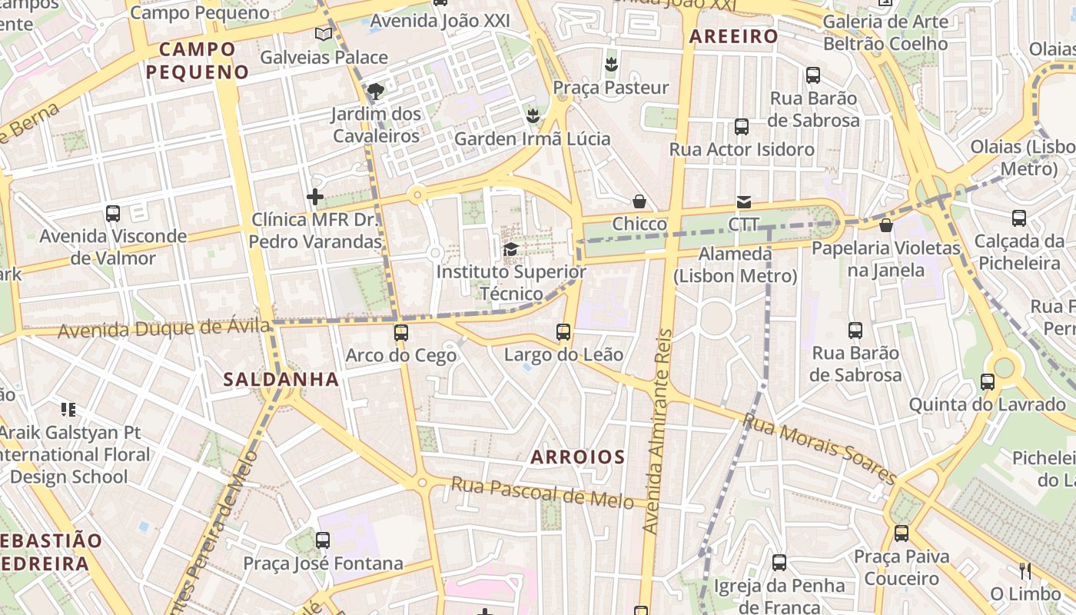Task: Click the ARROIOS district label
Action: pos(578,457)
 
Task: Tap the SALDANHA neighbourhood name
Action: pos(281,379)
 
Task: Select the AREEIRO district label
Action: pos(733,36)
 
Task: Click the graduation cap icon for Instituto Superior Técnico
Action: pos(510,249)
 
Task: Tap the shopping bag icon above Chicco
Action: pos(639,201)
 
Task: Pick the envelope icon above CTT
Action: pos(744,202)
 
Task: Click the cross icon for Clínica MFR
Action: pos(315,197)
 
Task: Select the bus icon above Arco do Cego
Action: pos(401,333)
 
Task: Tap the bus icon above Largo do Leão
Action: pos(563,332)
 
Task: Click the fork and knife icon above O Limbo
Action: pos(1025,570)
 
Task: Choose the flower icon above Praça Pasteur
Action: pos(611,65)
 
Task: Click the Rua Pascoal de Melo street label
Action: pos(542,493)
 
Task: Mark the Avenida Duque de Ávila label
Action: pos(164,329)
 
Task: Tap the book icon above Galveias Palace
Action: pos(324,35)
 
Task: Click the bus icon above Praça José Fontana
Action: pos(323,540)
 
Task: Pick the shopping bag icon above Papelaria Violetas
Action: pos(886,225)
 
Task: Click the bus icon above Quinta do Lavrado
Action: pos(988,381)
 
